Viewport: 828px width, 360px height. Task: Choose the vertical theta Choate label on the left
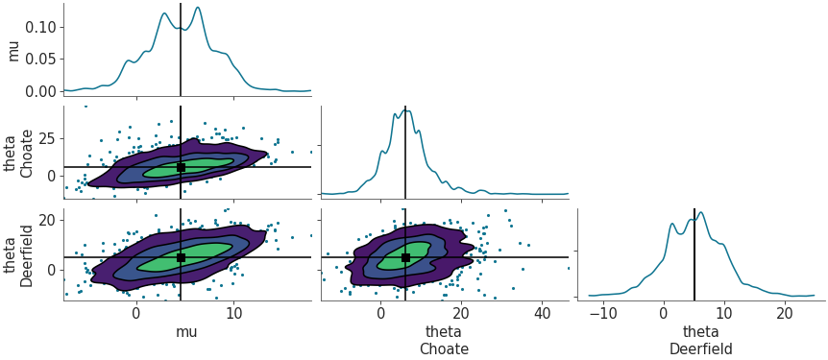[20, 152]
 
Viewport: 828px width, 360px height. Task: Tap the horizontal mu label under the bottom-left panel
[188, 332]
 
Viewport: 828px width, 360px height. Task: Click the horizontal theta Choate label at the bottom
[444, 341]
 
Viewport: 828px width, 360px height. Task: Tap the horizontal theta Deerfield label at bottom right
[701, 341]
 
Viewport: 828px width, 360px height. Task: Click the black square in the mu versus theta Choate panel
[181, 167]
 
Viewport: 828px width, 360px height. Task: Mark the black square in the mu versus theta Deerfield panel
[181, 257]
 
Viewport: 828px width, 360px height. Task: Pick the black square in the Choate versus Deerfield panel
[405, 257]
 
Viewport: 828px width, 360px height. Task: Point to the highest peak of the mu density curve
[198, 8]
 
